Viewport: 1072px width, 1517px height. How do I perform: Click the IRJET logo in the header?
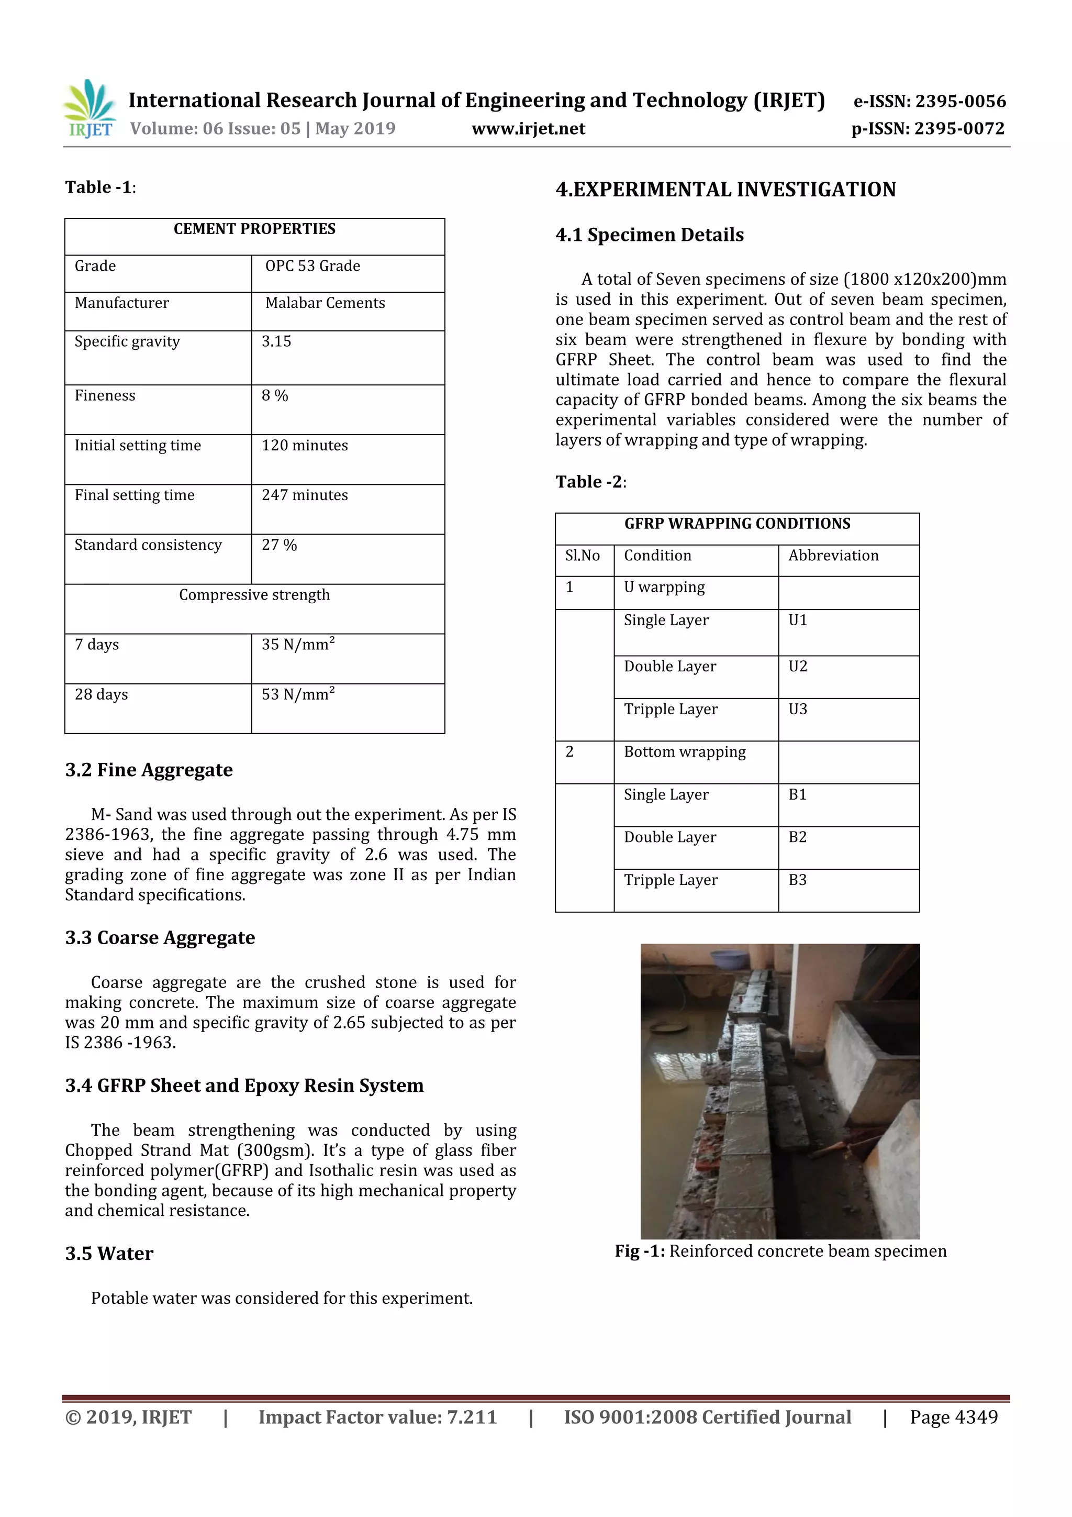(91, 109)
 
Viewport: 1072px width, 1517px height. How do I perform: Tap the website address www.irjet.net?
(528, 129)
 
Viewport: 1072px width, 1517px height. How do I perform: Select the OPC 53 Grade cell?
(312, 266)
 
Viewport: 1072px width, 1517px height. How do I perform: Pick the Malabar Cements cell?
(325, 303)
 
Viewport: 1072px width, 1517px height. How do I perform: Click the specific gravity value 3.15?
(276, 341)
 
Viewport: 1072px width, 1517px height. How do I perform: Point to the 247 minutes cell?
(305, 495)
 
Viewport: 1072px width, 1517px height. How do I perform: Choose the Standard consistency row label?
(148, 545)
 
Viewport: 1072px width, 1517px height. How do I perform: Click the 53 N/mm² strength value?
(298, 694)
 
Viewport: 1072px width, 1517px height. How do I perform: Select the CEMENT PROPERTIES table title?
(254, 229)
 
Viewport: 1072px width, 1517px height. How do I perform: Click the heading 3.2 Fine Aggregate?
(149, 770)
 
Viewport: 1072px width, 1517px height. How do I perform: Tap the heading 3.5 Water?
(109, 1254)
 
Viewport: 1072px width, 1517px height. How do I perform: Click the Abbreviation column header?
(833, 556)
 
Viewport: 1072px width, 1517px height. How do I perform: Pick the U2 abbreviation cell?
(798, 667)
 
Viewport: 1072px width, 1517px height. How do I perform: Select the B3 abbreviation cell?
(798, 880)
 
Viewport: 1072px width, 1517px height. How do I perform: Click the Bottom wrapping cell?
(684, 752)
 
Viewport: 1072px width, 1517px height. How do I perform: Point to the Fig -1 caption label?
(639, 1252)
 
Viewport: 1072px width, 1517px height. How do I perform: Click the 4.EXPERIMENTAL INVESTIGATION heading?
(725, 190)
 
